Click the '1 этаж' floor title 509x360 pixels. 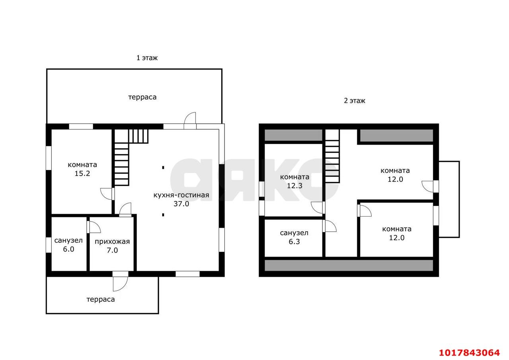click(147, 58)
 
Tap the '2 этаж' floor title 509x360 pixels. click(354, 101)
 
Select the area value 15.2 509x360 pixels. click(82, 173)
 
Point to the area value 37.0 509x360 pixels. click(181, 204)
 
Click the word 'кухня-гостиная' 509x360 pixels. click(181, 195)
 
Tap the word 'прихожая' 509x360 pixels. click(112, 242)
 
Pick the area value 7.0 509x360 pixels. click(112, 250)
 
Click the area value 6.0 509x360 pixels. click(68, 249)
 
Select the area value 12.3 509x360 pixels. click(295, 186)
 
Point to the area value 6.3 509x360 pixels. click(294, 242)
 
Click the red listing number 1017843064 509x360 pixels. click(469, 352)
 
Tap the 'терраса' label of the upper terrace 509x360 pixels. click(142, 97)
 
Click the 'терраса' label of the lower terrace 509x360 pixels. click(101, 299)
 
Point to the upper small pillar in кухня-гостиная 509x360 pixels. click(163, 168)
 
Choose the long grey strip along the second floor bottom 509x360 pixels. click(349, 265)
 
